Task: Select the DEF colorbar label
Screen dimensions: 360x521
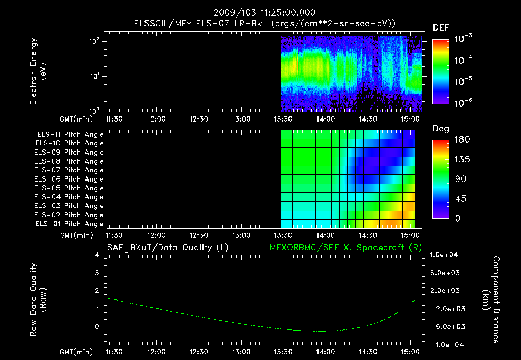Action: (441, 27)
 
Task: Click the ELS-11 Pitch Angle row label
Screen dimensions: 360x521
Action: (70, 134)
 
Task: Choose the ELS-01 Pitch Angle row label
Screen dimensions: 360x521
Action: (70, 224)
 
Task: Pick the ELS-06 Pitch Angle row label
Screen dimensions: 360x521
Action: (70, 179)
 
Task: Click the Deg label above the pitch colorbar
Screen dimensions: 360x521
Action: (441, 129)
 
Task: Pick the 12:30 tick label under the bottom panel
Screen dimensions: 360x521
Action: (198, 351)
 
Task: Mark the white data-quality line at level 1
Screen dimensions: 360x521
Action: (260, 309)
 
